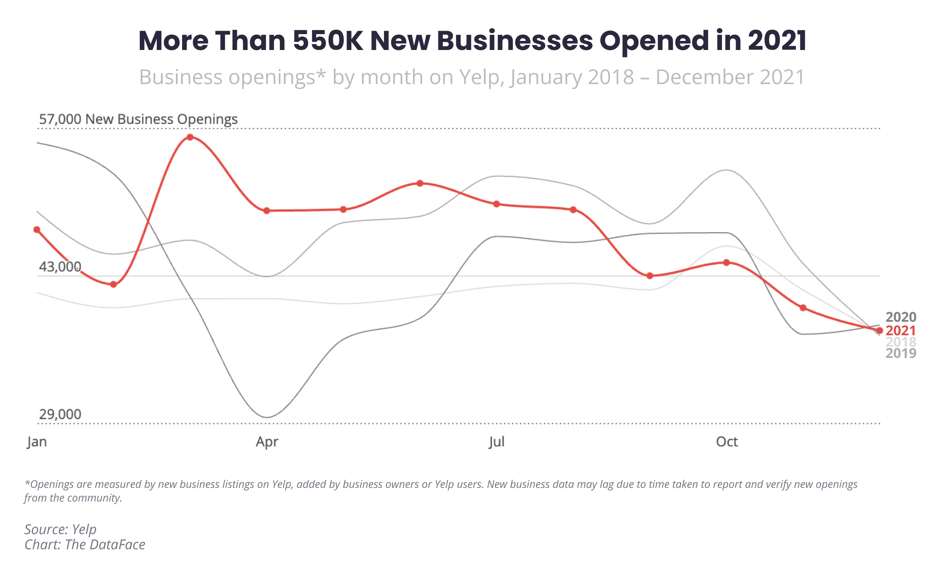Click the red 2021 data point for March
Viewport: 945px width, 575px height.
pyautogui.click(x=190, y=137)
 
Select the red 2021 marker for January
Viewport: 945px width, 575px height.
pyautogui.click(x=37, y=230)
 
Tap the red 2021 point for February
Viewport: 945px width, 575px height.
pyautogui.click(x=114, y=284)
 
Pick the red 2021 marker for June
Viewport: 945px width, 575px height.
pyautogui.click(x=420, y=183)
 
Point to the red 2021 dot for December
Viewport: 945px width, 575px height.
pyautogui.click(x=880, y=331)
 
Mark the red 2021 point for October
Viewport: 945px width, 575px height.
pyautogui.click(x=727, y=263)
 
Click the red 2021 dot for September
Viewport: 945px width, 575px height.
pyautogui.click(x=650, y=276)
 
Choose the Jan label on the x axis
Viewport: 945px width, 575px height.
pyautogui.click(x=37, y=442)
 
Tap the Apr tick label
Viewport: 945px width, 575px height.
pyautogui.click(x=267, y=442)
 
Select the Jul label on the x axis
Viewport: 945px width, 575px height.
pyautogui.click(x=497, y=442)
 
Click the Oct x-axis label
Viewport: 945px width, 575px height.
pyautogui.click(x=727, y=442)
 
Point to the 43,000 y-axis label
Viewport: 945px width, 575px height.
pyautogui.click(x=60, y=267)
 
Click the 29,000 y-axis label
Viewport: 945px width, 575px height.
pyautogui.click(x=60, y=414)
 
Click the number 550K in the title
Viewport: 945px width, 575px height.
pyautogui.click(x=328, y=41)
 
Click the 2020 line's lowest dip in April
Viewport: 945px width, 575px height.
pyautogui.click(x=267, y=417)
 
